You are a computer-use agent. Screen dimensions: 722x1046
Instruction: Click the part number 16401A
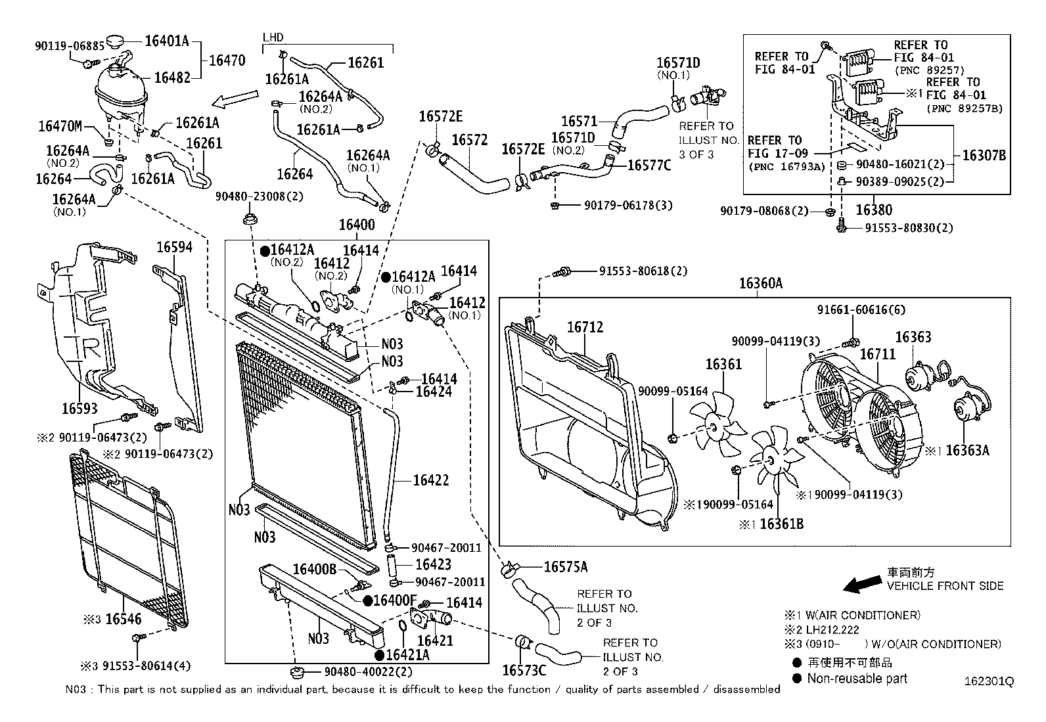pos(166,41)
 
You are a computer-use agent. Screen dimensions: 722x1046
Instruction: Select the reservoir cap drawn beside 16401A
pos(119,43)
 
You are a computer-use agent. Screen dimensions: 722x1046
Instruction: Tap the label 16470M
pos(60,125)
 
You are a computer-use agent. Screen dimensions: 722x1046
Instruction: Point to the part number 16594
pos(174,247)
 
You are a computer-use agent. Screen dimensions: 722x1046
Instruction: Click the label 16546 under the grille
pos(124,619)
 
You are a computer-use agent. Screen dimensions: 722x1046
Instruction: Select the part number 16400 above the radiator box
pos(357,225)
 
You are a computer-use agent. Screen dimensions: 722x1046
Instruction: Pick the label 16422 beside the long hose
pos(430,480)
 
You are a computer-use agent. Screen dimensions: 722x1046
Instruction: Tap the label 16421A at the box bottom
pos(407,654)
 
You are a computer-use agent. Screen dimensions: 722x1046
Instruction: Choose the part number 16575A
pos(565,567)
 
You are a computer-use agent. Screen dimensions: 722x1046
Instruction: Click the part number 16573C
pos(524,670)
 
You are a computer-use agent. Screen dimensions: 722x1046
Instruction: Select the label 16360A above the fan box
pos(760,283)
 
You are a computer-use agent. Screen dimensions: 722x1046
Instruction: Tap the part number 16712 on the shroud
pos(585,327)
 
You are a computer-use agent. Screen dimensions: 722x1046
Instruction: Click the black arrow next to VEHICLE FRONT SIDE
pos(862,583)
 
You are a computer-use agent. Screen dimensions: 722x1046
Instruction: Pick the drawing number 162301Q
pos(989,682)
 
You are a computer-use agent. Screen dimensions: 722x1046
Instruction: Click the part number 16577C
pos(649,165)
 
